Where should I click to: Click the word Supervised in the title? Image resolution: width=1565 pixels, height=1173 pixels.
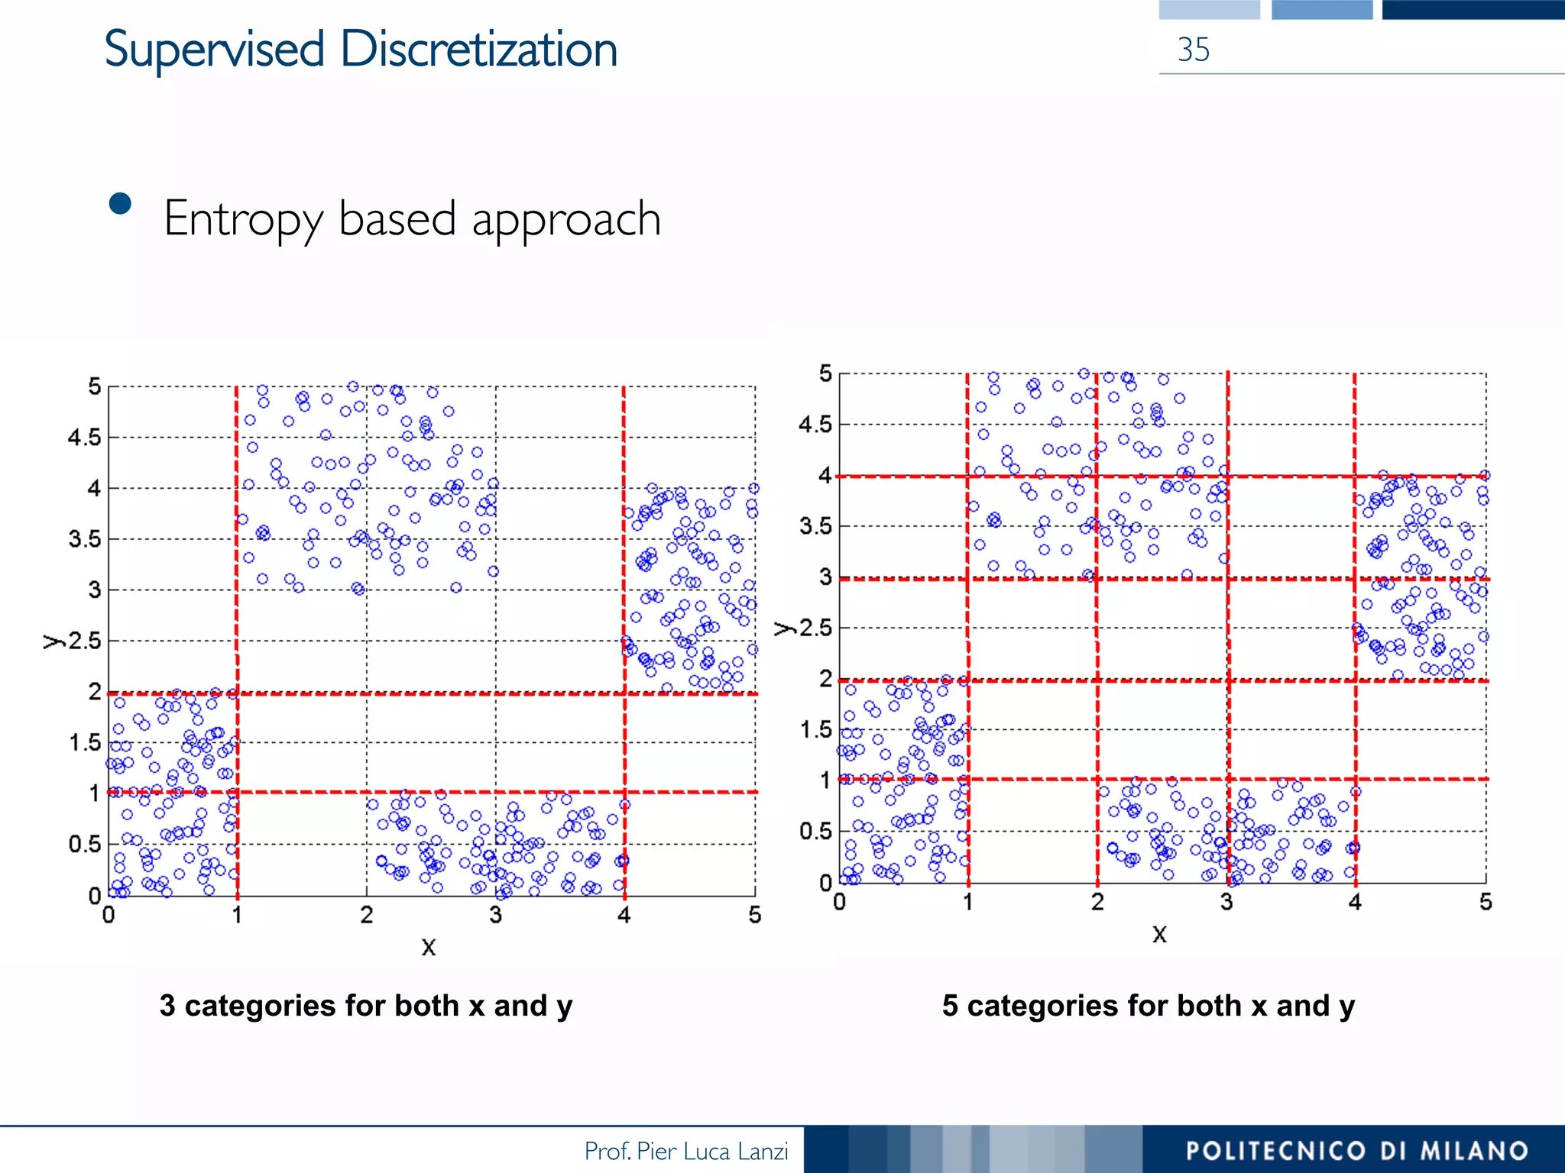pos(214,50)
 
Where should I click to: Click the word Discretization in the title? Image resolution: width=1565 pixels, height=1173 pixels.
pos(478,50)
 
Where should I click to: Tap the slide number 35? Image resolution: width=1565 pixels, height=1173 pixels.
pos(1193,50)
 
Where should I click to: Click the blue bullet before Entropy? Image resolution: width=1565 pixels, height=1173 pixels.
pos(120,204)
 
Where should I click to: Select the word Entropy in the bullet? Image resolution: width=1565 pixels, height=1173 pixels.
pos(244,220)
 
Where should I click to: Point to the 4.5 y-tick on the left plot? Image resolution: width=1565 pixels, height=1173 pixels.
pos(84,438)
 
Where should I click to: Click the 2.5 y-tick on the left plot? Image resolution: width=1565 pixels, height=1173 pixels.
pos(84,641)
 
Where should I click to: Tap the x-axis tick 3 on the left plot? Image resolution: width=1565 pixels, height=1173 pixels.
pos(495,915)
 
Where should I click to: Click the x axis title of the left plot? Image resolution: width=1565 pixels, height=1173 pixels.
pos(428,947)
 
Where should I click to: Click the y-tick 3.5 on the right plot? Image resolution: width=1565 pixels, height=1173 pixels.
pos(815,526)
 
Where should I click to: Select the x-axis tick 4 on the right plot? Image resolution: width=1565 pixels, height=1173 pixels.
pos(1355,903)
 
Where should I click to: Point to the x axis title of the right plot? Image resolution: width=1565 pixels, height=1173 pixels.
pos(1159,934)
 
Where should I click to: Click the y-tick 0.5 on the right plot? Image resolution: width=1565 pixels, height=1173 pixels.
pos(815,831)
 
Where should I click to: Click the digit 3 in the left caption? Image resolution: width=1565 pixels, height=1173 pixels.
pos(167,1006)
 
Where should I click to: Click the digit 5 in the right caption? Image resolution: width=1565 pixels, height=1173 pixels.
pos(950,1006)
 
